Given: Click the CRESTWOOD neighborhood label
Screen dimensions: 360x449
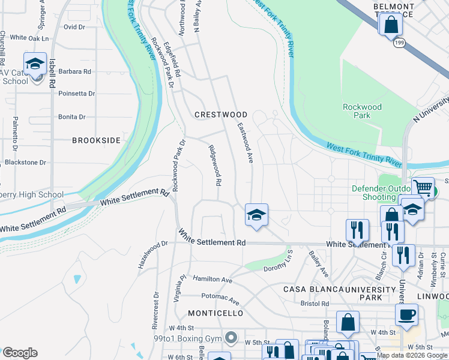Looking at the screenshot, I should pyautogui.click(x=221, y=114).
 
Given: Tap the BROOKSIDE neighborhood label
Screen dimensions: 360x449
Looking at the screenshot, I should pyautogui.click(x=96, y=140).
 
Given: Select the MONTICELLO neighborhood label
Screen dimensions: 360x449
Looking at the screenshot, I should pyautogui.click(x=215, y=313).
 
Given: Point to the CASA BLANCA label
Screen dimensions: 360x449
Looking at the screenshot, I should pyautogui.click(x=312, y=289).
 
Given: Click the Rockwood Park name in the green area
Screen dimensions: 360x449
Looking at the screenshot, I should pyautogui.click(x=362, y=111).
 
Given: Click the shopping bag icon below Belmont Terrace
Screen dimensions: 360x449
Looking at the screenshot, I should pyautogui.click(x=391, y=25).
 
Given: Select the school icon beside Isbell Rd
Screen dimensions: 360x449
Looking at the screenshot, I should pyautogui.click(x=35, y=64).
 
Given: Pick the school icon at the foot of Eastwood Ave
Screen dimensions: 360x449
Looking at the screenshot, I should pyautogui.click(x=256, y=215).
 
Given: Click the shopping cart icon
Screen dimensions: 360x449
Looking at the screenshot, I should pyautogui.click(x=423, y=188).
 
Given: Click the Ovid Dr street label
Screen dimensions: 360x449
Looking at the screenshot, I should pyautogui.click(x=74, y=27).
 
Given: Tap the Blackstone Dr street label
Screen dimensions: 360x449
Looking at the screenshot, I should pyautogui.click(x=25, y=162).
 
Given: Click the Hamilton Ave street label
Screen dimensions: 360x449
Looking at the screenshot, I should pyautogui.click(x=212, y=280).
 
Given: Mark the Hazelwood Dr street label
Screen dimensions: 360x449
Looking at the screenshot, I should pyautogui.click(x=150, y=254).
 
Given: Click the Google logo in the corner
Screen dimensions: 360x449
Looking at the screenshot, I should pyautogui.click(x=19, y=353).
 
